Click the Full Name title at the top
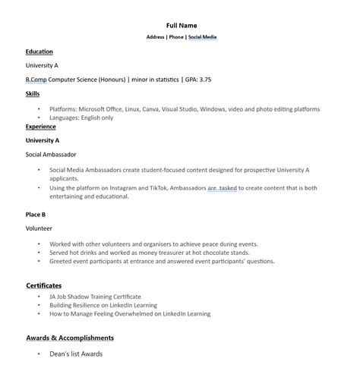182,26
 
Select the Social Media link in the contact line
202,36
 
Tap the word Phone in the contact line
175,36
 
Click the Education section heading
39,52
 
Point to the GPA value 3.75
204,79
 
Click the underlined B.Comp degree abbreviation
36,79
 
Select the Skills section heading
33,93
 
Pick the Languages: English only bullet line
81,118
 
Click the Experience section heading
40,127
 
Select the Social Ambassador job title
51,154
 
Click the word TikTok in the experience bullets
156,187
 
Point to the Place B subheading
36,215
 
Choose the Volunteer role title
39,228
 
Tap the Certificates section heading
44,285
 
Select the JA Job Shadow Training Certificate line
95,297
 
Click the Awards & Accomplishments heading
70,338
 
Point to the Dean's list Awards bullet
76,353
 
